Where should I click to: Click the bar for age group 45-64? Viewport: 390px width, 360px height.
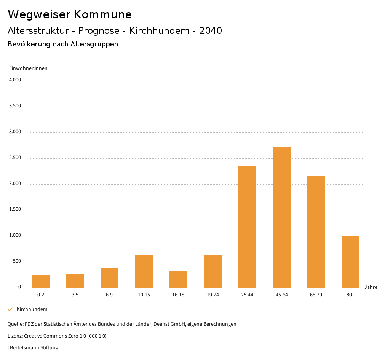click(x=281, y=217)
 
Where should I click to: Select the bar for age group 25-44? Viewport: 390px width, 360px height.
click(x=247, y=227)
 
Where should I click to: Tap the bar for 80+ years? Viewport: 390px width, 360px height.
click(x=350, y=262)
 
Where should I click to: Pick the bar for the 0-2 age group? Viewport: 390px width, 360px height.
click(x=41, y=281)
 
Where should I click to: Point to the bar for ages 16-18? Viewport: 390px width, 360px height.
click(x=178, y=279)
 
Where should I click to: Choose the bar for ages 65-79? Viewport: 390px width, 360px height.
click(x=316, y=232)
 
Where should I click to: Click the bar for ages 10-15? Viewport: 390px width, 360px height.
click(x=144, y=271)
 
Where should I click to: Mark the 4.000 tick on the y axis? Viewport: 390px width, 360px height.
click(x=15, y=80)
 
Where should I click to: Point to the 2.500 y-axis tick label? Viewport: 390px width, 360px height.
click(x=15, y=158)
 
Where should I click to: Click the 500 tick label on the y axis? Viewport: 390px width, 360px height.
click(x=17, y=261)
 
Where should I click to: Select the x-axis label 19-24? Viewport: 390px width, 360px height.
click(x=213, y=295)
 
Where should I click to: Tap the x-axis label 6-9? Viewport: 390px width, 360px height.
click(x=109, y=295)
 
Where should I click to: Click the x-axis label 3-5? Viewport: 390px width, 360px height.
click(x=75, y=295)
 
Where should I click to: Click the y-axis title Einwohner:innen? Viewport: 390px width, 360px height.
click(x=28, y=68)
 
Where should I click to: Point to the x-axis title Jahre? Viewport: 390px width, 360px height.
click(x=371, y=287)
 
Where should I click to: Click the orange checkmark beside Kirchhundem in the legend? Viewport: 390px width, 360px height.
click(x=10, y=309)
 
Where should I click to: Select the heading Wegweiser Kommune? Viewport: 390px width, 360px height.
click(x=70, y=14)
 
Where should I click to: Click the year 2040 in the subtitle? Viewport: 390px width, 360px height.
click(x=211, y=31)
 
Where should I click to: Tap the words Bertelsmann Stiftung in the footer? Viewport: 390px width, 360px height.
click(x=34, y=348)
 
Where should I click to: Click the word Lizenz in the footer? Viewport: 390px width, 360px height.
click(x=15, y=336)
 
